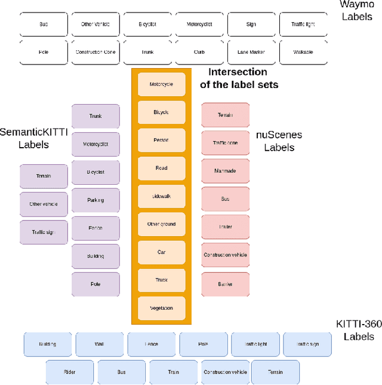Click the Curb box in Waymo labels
199,52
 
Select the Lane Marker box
251,52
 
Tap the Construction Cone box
95,52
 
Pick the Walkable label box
303,52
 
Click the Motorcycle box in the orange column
161,84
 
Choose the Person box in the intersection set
161,140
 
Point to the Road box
161,168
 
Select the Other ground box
161,224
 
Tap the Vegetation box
161,308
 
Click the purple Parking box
95,200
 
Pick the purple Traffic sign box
44,232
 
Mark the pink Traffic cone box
225,143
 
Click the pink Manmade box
225,171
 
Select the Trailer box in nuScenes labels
225,227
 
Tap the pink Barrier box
225,284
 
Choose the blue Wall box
99,344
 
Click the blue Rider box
70,372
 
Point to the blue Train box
173,372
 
